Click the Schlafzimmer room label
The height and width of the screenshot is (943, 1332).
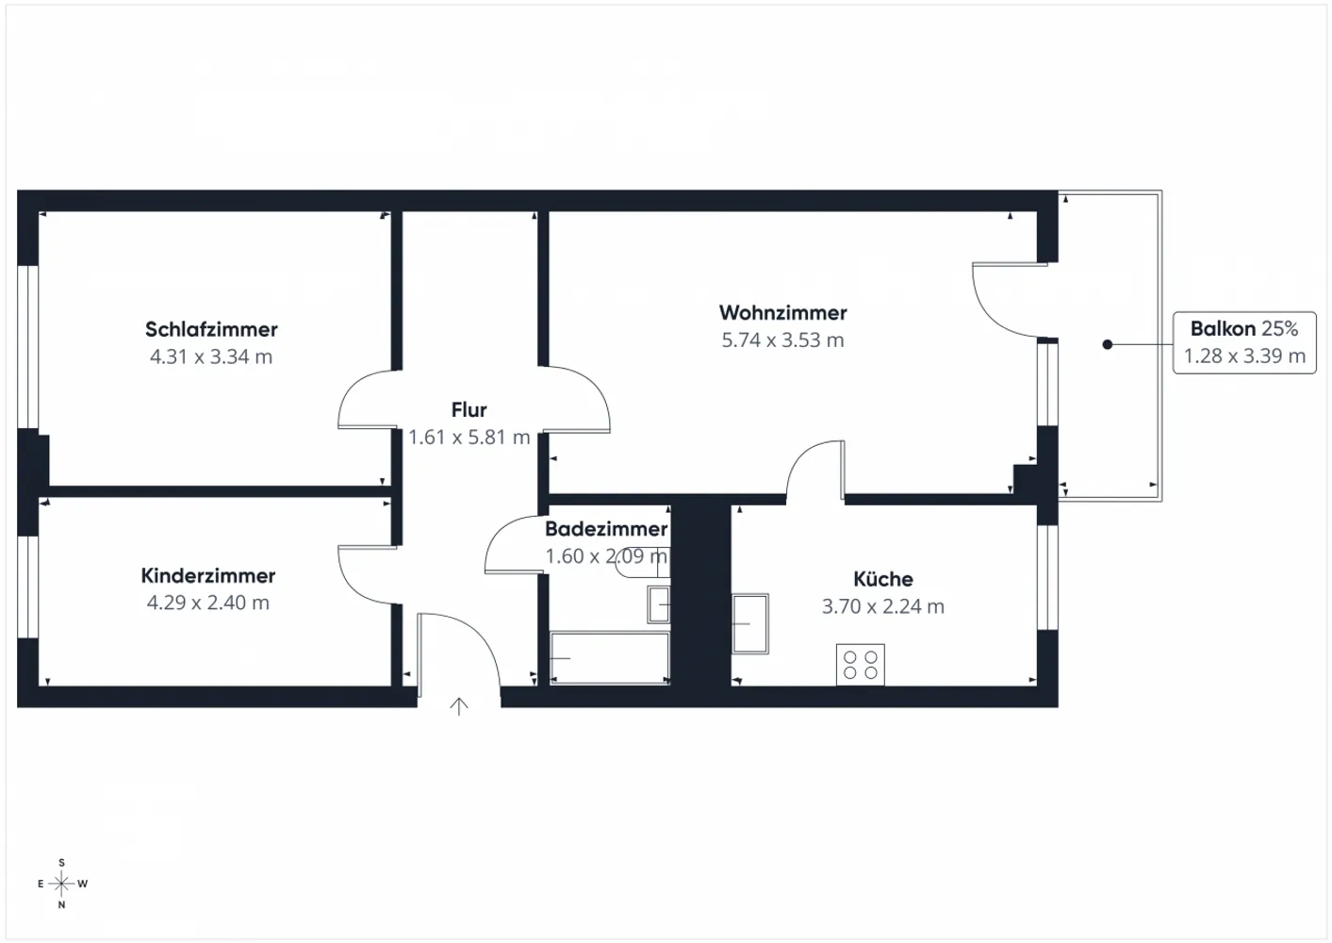pyautogui.click(x=211, y=329)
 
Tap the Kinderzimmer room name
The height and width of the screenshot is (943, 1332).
pyautogui.click(x=208, y=575)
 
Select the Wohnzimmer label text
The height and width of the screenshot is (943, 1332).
pyautogui.click(x=782, y=312)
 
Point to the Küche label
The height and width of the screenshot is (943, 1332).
pyautogui.click(x=883, y=578)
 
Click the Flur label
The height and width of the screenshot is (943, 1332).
pyautogui.click(x=469, y=409)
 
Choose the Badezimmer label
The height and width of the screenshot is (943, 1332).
pyautogui.click(x=606, y=528)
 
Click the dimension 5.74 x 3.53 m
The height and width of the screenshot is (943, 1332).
pyautogui.click(x=782, y=339)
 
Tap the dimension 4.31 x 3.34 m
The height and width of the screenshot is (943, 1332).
pyautogui.click(x=211, y=356)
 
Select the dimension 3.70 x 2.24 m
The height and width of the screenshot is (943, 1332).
pyautogui.click(x=883, y=606)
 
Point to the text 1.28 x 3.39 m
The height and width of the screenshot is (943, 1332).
pyautogui.click(x=1244, y=356)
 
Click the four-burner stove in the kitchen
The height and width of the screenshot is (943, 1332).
pyautogui.click(x=860, y=665)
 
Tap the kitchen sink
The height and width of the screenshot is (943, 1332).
pyautogui.click(x=749, y=623)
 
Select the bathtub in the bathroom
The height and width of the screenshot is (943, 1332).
pyautogui.click(x=610, y=658)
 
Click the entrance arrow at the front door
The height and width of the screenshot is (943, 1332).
pyautogui.click(x=458, y=706)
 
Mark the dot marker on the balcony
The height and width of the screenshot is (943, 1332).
pyautogui.click(x=1107, y=344)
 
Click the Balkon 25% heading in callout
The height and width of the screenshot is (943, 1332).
pyautogui.click(x=1244, y=328)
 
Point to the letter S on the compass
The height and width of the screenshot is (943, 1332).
pyautogui.click(x=61, y=863)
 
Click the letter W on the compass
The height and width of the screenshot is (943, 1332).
pyautogui.click(x=83, y=884)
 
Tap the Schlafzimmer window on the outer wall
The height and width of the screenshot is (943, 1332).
pyautogui.click(x=28, y=347)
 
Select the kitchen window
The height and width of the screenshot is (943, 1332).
pyautogui.click(x=1047, y=577)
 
